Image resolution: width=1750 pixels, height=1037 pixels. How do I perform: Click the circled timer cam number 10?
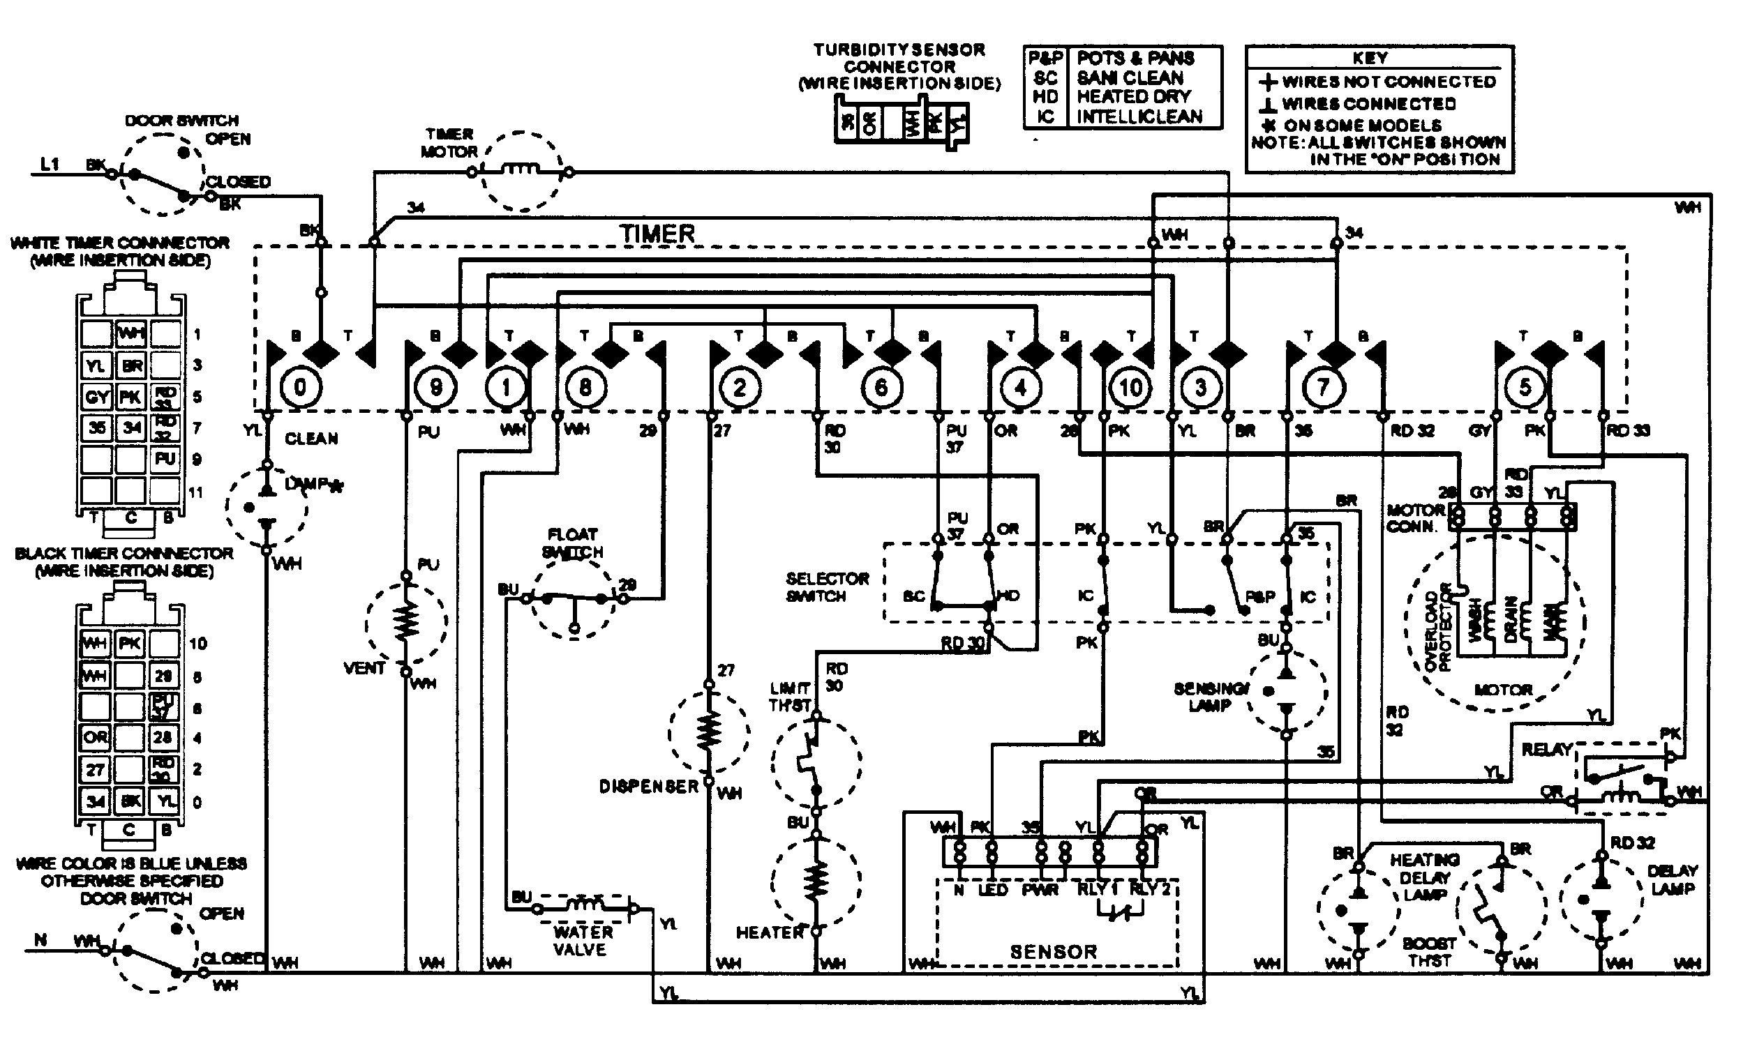1130,387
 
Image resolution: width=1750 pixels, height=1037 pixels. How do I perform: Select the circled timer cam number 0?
300,386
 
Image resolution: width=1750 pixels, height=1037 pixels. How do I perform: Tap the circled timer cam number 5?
1525,386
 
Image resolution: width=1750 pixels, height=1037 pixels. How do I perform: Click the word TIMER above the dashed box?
657,234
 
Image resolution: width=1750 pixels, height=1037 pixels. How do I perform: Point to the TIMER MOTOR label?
449,142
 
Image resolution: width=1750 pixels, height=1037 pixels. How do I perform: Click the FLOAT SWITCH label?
573,543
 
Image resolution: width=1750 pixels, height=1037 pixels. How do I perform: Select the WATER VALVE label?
582,941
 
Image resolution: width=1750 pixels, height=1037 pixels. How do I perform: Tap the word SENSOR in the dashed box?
1053,952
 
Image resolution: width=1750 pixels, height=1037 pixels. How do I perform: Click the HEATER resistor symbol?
815,881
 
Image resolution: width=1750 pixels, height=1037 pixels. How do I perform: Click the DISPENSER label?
648,787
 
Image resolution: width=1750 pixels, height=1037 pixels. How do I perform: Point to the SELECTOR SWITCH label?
827,587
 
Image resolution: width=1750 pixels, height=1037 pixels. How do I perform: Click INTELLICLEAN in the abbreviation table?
1139,116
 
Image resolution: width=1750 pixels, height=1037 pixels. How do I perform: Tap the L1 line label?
50,165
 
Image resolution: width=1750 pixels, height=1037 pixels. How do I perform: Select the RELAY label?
1546,750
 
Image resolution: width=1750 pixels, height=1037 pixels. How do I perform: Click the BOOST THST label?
1429,952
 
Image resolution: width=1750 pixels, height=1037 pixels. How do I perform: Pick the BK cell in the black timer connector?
130,801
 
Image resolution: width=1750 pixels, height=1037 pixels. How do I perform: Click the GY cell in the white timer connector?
96,397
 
